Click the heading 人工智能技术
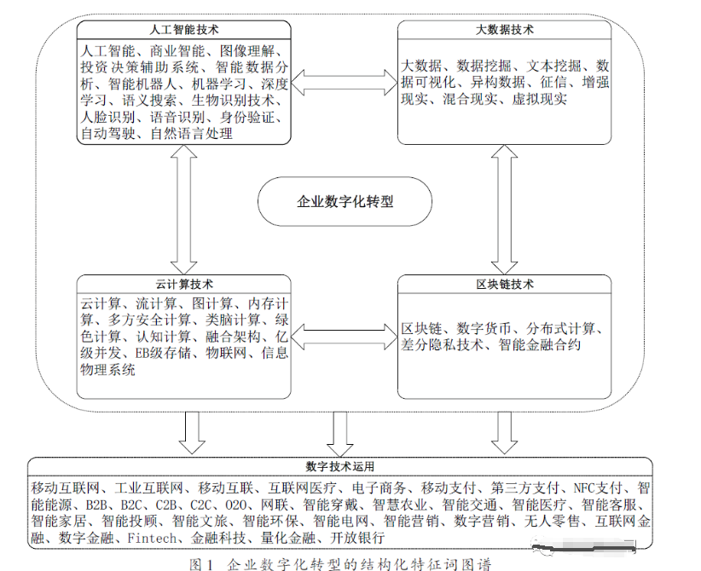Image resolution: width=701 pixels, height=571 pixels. coord(184,30)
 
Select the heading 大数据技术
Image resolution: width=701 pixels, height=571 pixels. coord(504,30)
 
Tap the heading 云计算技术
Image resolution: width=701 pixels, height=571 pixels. coord(184,284)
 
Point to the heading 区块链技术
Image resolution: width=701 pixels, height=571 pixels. coord(504,284)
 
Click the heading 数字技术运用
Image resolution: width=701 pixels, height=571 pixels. coord(339,467)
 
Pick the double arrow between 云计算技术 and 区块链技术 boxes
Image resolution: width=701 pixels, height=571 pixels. coord(344,336)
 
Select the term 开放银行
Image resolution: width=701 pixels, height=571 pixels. coord(358,539)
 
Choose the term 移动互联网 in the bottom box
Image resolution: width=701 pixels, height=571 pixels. coord(67,487)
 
